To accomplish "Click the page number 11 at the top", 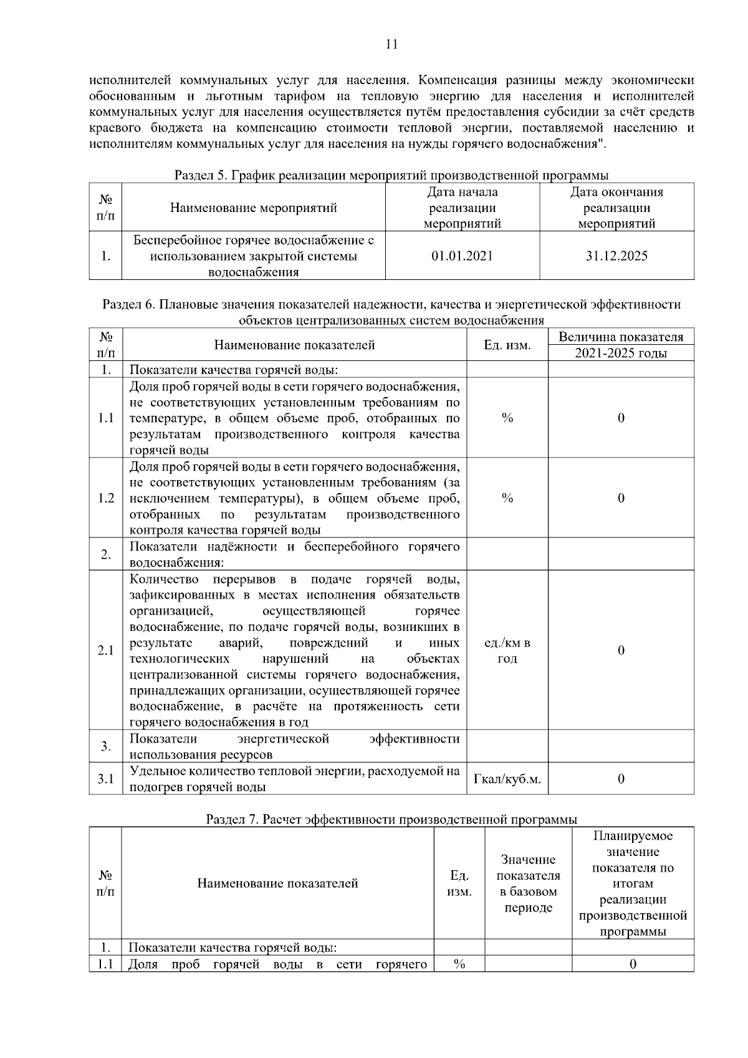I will click(x=391, y=44).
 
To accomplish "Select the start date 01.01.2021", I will click(x=462, y=256).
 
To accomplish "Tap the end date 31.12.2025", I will click(x=616, y=256).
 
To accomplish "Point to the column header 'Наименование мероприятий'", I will click(x=253, y=208).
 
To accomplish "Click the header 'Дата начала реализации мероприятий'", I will click(x=462, y=208).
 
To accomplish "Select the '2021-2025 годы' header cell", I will click(x=620, y=353).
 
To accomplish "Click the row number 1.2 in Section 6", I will click(x=106, y=498).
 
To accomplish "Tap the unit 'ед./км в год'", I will click(x=507, y=650).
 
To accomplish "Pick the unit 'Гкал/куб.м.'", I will click(x=507, y=779).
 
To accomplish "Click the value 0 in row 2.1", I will click(x=621, y=650).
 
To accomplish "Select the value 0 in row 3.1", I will click(x=621, y=779).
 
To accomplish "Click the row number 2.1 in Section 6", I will click(x=106, y=650).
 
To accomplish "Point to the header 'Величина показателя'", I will click(x=620, y=337).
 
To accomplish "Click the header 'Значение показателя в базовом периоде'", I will click(x=528, y=883).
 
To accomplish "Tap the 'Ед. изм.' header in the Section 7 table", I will click(x=459, y=883).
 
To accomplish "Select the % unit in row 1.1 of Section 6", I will click(x=507, y=418).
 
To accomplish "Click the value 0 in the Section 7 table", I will click(x=633, y=964).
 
